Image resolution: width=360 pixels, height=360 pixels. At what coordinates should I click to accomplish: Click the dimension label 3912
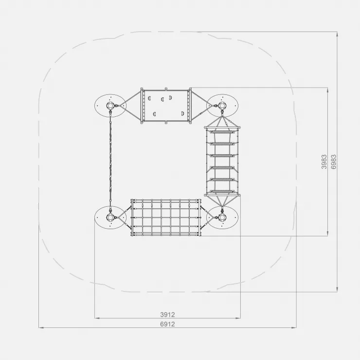167,314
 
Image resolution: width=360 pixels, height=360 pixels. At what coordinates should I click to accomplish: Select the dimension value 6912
167,324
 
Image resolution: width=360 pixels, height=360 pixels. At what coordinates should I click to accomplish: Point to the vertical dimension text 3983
324,162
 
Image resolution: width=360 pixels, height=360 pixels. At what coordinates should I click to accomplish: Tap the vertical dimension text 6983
334,162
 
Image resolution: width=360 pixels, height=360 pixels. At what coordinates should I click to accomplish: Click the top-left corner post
110,106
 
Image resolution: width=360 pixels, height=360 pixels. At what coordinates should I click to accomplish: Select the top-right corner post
222,106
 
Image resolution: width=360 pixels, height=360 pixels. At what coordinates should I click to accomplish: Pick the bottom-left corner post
110,217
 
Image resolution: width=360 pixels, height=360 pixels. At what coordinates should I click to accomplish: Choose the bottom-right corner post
222,217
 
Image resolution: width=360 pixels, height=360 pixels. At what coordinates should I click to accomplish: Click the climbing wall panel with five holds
166,106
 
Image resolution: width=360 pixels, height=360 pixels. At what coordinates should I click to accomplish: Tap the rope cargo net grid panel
166,217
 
